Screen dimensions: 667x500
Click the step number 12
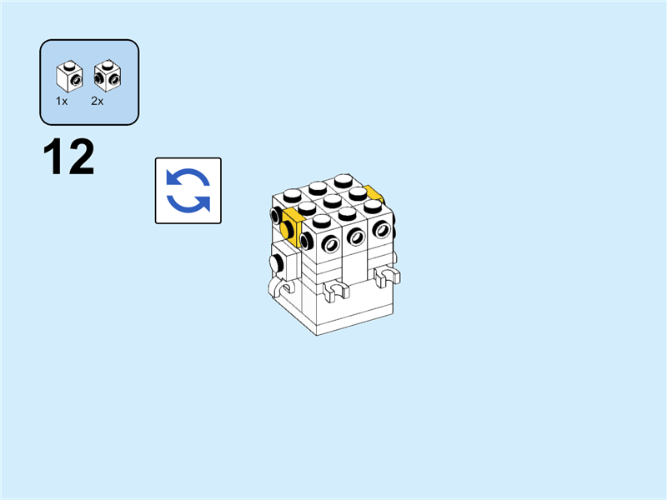[68, 157]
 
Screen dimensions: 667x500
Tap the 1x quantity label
[62, 101]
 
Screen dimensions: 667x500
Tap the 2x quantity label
[97, 101]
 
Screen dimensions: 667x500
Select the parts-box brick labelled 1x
[69, 76]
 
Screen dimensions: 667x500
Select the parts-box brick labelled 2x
[108, 76]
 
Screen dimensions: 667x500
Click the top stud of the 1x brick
[69, 65]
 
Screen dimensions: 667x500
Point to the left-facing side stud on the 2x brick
[98, 77]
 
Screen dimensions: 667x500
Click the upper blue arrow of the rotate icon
[188, 177]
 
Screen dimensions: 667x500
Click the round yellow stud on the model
[286, 230]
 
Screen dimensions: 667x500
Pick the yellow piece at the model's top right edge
[373, 193]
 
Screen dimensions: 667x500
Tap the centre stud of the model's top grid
[332, 200]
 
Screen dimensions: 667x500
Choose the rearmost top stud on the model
[344, 180]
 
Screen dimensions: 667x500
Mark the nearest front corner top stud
[322, 221]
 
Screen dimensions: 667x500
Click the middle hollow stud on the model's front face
[356, 237]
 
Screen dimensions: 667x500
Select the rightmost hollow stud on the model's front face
[382, 230]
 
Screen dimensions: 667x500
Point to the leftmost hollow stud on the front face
[330, 244]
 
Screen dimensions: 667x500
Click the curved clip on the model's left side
[280, 287]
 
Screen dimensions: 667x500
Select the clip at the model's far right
[387, 276]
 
